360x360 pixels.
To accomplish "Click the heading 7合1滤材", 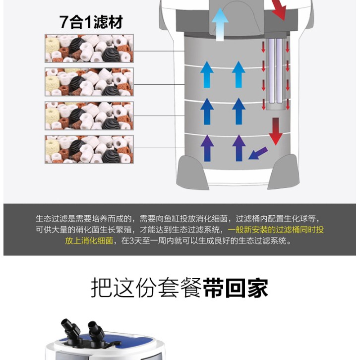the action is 91,22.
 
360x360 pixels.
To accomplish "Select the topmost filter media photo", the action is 89,48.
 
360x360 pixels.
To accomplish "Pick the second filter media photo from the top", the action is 89,82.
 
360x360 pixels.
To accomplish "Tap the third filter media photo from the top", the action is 89,116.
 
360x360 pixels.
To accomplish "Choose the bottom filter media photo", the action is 89,149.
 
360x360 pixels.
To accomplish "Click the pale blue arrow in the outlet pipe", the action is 220,24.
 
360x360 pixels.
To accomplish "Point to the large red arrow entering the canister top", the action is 279,9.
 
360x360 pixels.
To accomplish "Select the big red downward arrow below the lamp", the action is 276,131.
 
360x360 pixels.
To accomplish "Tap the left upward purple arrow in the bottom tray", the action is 207,148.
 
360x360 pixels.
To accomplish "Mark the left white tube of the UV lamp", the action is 272,71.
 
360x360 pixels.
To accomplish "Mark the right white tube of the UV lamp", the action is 279,71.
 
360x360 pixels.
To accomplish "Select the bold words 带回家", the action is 236,288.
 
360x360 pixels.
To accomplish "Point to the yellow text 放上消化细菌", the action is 89,240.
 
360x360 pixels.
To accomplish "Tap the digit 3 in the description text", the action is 131,241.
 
